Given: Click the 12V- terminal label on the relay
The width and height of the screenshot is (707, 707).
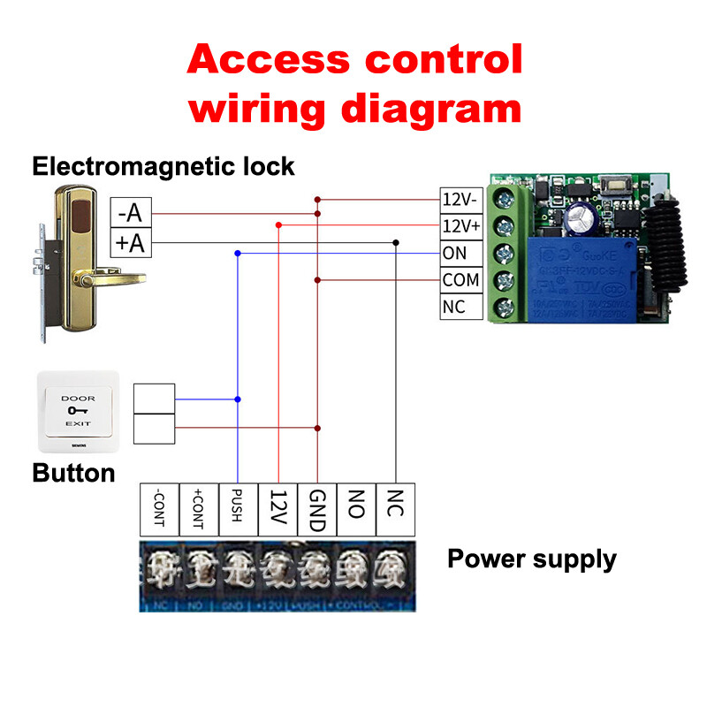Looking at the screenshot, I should [x=461, y=198].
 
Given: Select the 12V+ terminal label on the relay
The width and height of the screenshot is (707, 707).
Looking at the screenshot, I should [x=461, y=225].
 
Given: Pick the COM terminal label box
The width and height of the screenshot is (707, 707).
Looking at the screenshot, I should [x=460, y=280].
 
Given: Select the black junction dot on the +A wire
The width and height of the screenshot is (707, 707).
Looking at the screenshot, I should [x=397, y=242].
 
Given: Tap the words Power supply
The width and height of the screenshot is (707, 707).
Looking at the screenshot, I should [x=531, y=559].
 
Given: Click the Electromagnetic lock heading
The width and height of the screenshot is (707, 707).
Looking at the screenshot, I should [x=163, y=165].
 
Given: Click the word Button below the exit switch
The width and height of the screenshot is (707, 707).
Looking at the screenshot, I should [x=73, y=473].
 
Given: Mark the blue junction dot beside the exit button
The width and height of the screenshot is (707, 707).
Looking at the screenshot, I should [x=238, y=400].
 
